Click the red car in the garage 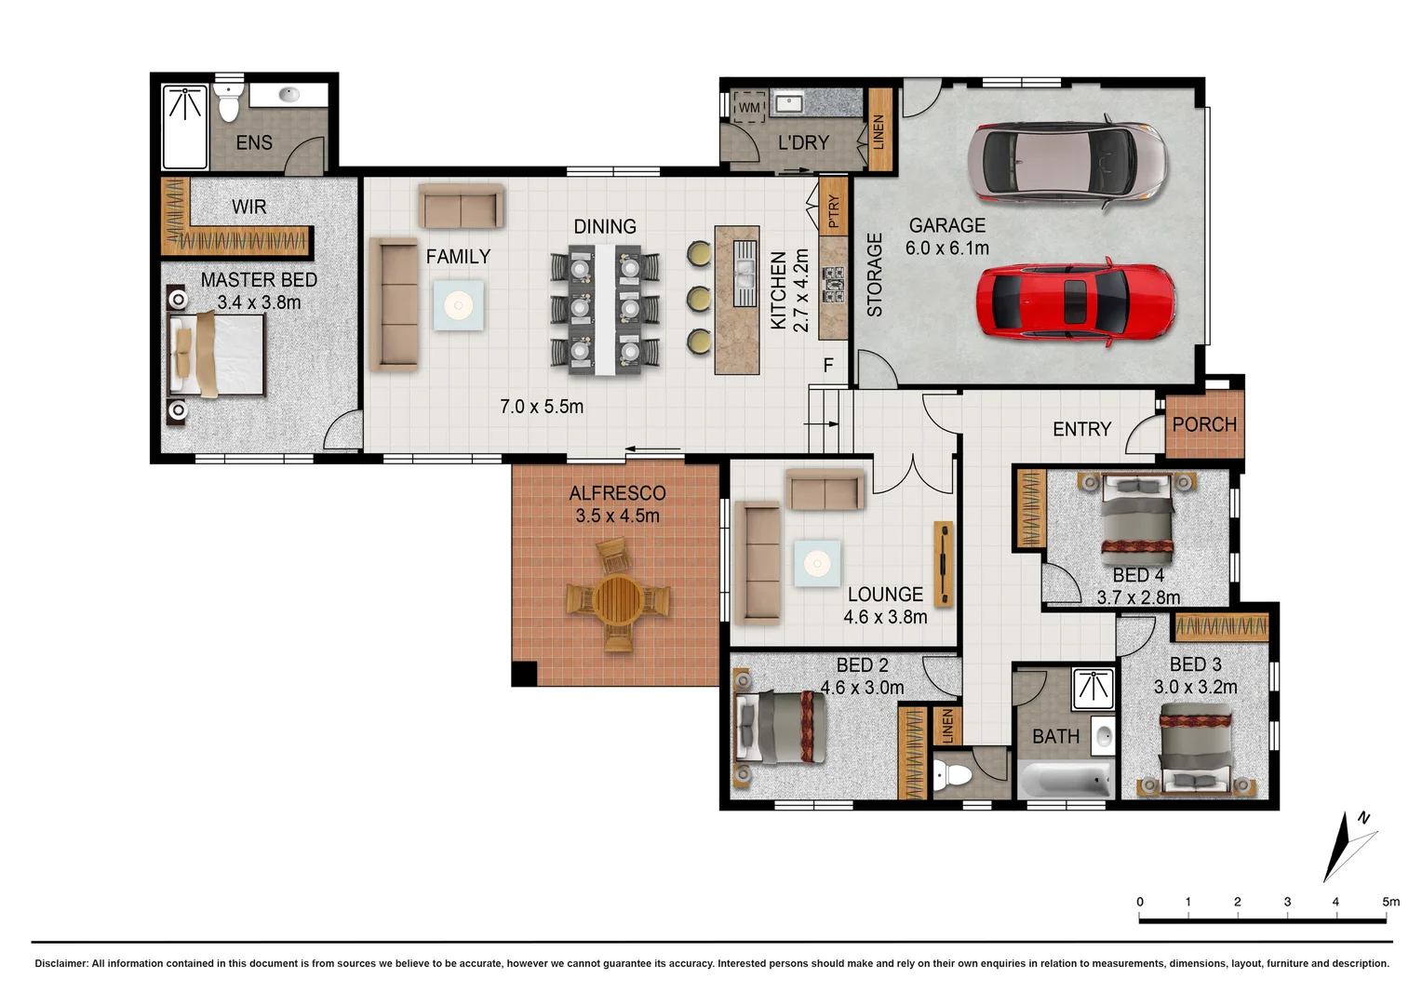pos(1075,302)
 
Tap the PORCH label pos(1204,424)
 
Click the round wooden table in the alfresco pos(618,598)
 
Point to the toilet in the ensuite pos(228,101)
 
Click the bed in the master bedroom pos(218,355)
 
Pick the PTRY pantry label pos(834,211)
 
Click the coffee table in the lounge pos(817,563)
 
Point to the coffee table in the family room pos(458,305)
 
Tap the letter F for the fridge pos(828,366)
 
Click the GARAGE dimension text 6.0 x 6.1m pos(946,248)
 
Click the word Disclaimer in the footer pos(60,963)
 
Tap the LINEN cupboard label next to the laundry pos(879,131)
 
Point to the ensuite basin pos(288,94)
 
